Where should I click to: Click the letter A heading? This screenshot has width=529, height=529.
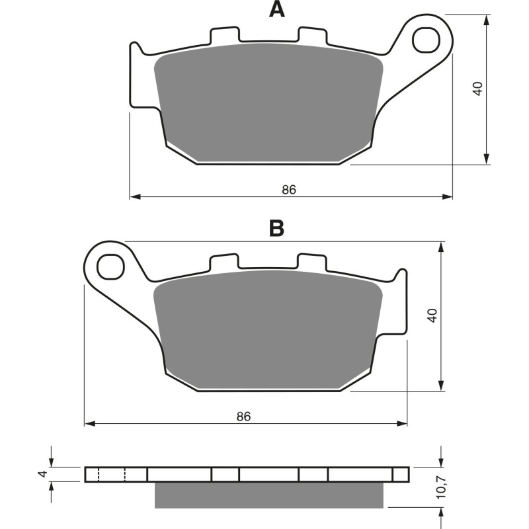click(x=277, y=10)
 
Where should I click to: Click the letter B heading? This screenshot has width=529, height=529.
click(x=277, y=228)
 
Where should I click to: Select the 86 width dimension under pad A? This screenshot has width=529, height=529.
click(x=288, y=189)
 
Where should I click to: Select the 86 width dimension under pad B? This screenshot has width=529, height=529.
click(x=244, y=417)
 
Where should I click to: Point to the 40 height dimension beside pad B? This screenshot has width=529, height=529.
click(x=432, y=315)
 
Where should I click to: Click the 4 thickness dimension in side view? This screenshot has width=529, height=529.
click(x=42, y=474)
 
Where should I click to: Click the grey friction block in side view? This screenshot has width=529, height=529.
click(x=269, y=495)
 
